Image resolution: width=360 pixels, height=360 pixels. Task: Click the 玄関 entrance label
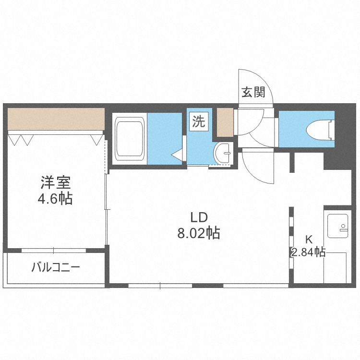pyautogui.click(x=253, y=92)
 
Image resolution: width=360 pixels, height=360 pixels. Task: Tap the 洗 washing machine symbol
pyautogui.click(x=198, y=121)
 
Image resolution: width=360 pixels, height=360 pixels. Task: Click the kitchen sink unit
pyautogui.click(x=338, y=226)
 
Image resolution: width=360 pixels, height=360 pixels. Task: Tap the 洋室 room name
pyautogui.click(x=56, y=183)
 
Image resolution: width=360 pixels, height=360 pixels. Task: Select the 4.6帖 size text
pyautogui.click(x=56, y=198)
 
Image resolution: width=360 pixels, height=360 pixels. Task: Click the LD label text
pyautogui.click(x=198, y=216)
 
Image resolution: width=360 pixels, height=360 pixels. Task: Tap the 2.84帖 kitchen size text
pyautogui.click(x=308, y=252)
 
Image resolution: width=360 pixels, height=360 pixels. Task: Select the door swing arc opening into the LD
pyautogui.click(x=259, y=166)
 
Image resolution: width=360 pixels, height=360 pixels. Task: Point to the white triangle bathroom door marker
pyautogui.click(x=177, y=155)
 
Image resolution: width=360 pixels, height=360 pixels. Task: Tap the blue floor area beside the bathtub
pyautogui.click(x=165, y=138)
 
